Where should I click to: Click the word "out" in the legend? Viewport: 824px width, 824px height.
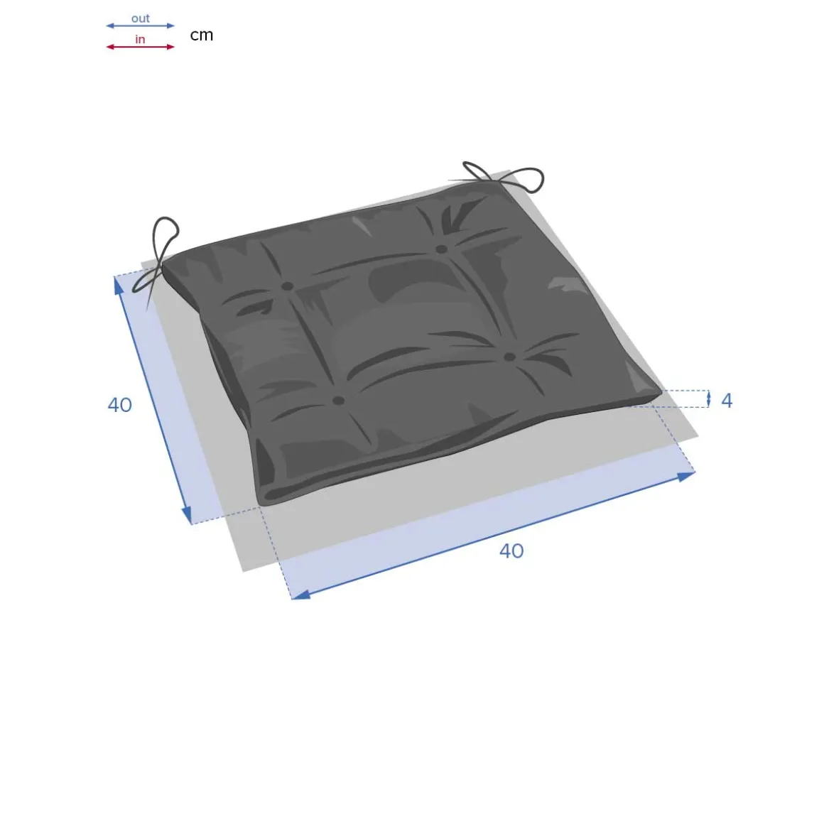point(141,18)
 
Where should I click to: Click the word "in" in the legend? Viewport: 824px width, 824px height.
point(140,39)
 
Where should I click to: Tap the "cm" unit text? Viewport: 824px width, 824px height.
point(201,35)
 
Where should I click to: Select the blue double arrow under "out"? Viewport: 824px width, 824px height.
point(141,26)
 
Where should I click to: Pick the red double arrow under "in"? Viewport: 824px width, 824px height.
point(141,47)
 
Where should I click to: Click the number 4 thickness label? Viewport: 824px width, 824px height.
point(726,401)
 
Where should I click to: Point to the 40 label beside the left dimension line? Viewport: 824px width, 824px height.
point(119,405)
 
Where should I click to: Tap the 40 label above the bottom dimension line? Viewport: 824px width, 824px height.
point(511,551)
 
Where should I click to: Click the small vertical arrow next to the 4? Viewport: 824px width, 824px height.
point(708,399)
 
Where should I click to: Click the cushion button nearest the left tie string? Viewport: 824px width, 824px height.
point(287,286)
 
